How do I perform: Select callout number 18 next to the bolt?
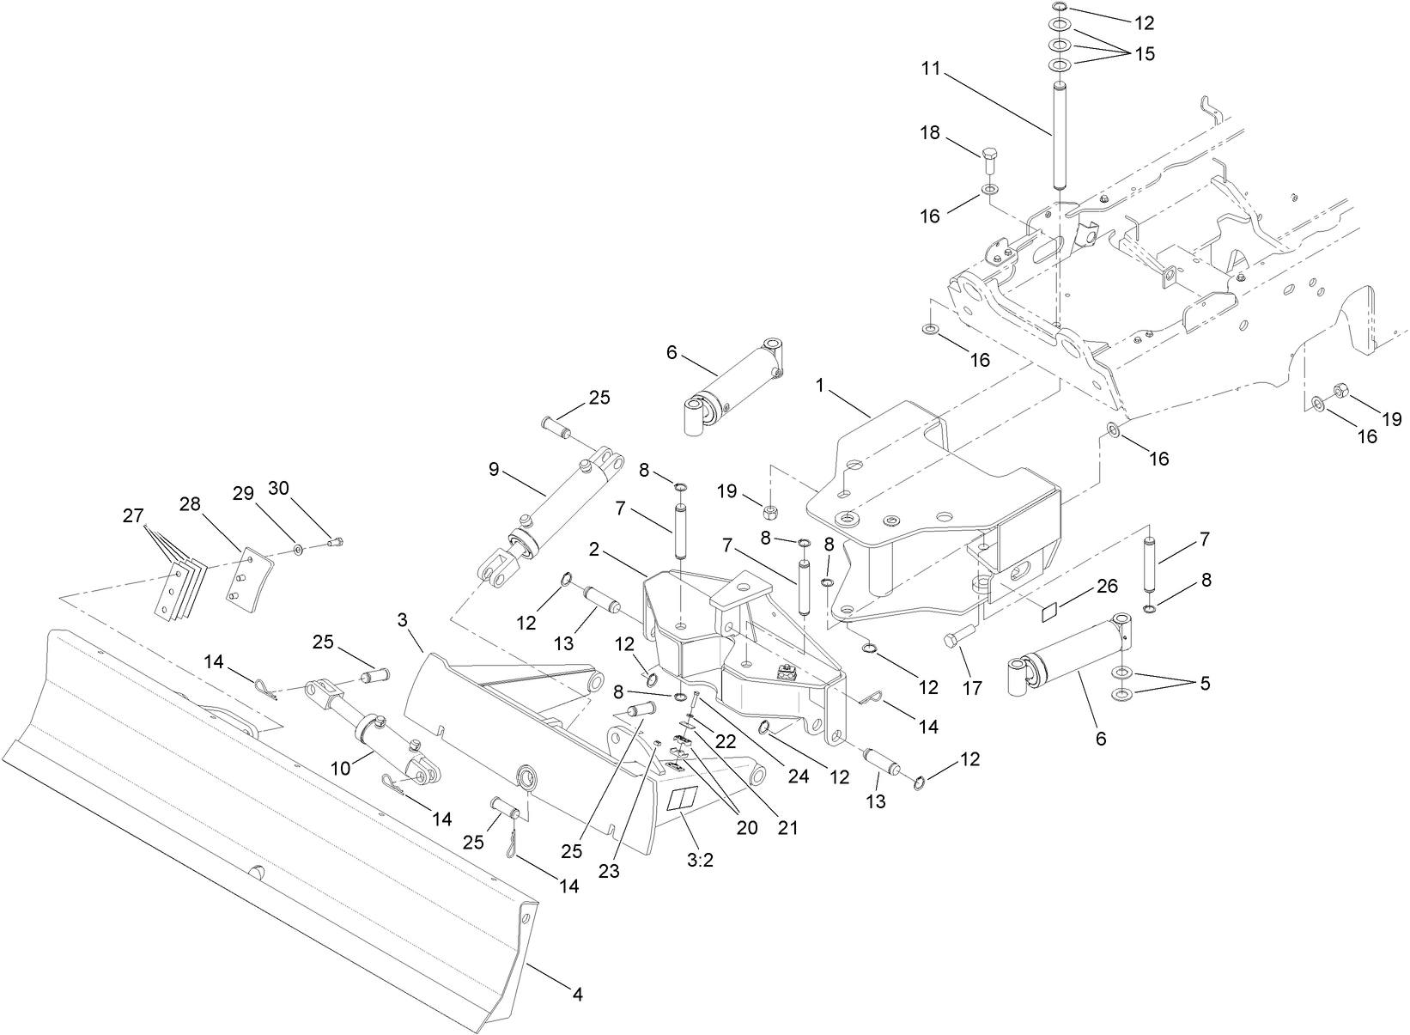pyautogui.click(x=931, y=133)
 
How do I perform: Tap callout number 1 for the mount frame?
pyautogui.click(x=820, y=386)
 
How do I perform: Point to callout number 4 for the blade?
pyautogui.click(x=578, y=995)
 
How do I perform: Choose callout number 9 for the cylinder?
pyautogui.click(x=494, y=469)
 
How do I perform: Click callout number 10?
pyautogui.click(x=341, y=767)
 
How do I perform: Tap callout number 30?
pyautogui.click(x=279, y=489)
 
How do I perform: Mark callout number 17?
pyautogui.click(x=972, y=687)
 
